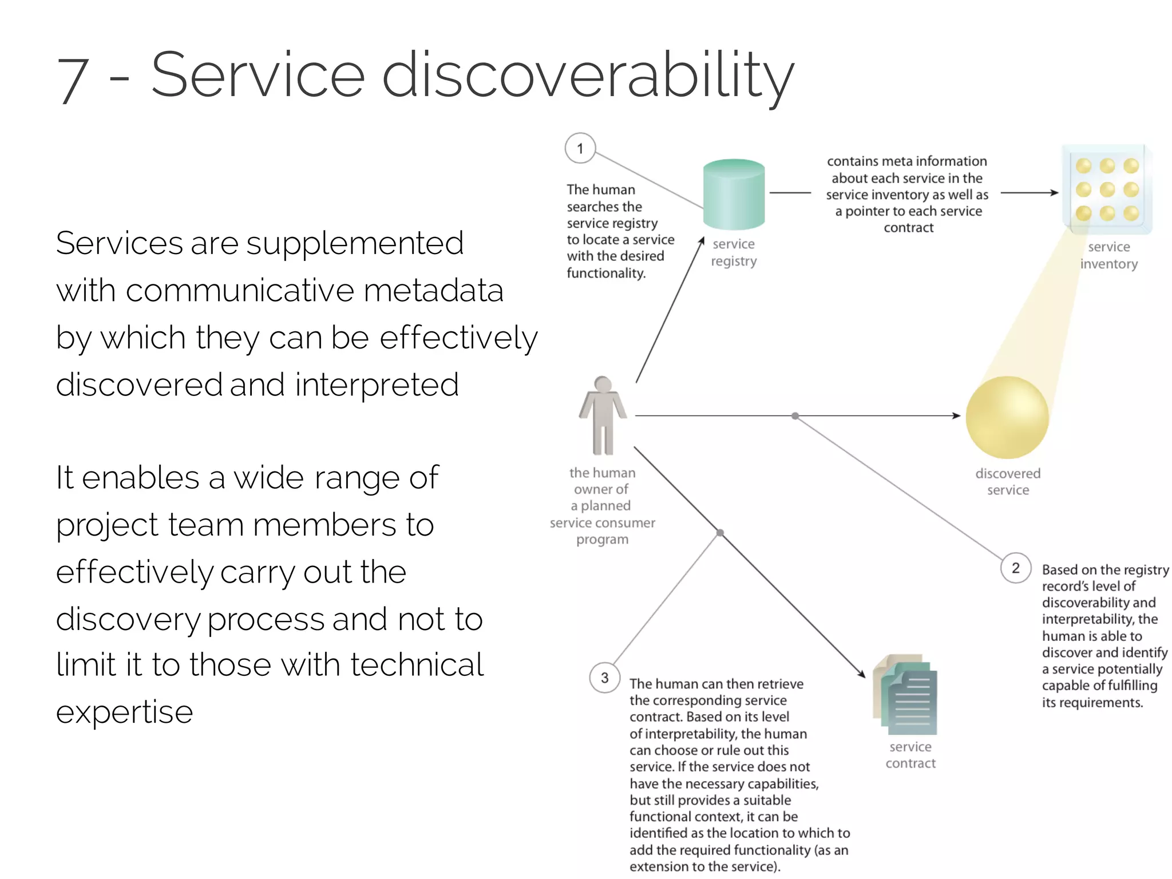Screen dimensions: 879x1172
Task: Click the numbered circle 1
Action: pos(580,148)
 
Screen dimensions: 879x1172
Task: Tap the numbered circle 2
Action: pos(1016,568)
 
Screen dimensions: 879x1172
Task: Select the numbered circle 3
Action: pos(604,678)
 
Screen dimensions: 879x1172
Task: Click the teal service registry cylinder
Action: pos(734,195)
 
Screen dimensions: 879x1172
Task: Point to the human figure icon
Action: pos(603,415)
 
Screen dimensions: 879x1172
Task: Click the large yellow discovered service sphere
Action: pos(1007,417)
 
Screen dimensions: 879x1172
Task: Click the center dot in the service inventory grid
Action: pos(1107,189)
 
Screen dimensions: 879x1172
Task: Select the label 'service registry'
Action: pos(734,252)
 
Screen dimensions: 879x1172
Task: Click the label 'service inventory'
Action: pos(1108,255)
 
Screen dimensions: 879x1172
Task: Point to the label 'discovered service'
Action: pos(1008,481)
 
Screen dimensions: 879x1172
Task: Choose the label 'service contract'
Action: pos(910,755)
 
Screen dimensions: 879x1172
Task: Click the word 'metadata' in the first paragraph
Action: pos(433,290)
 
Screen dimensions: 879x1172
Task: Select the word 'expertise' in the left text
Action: pos(125,712)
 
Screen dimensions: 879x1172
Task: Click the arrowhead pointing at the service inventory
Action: pos(1054,193)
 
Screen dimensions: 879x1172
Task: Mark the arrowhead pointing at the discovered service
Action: pos(956,415)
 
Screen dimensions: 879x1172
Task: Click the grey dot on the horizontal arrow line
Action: pos(795,416)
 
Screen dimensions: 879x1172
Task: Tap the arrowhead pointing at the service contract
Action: pos(861,674)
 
